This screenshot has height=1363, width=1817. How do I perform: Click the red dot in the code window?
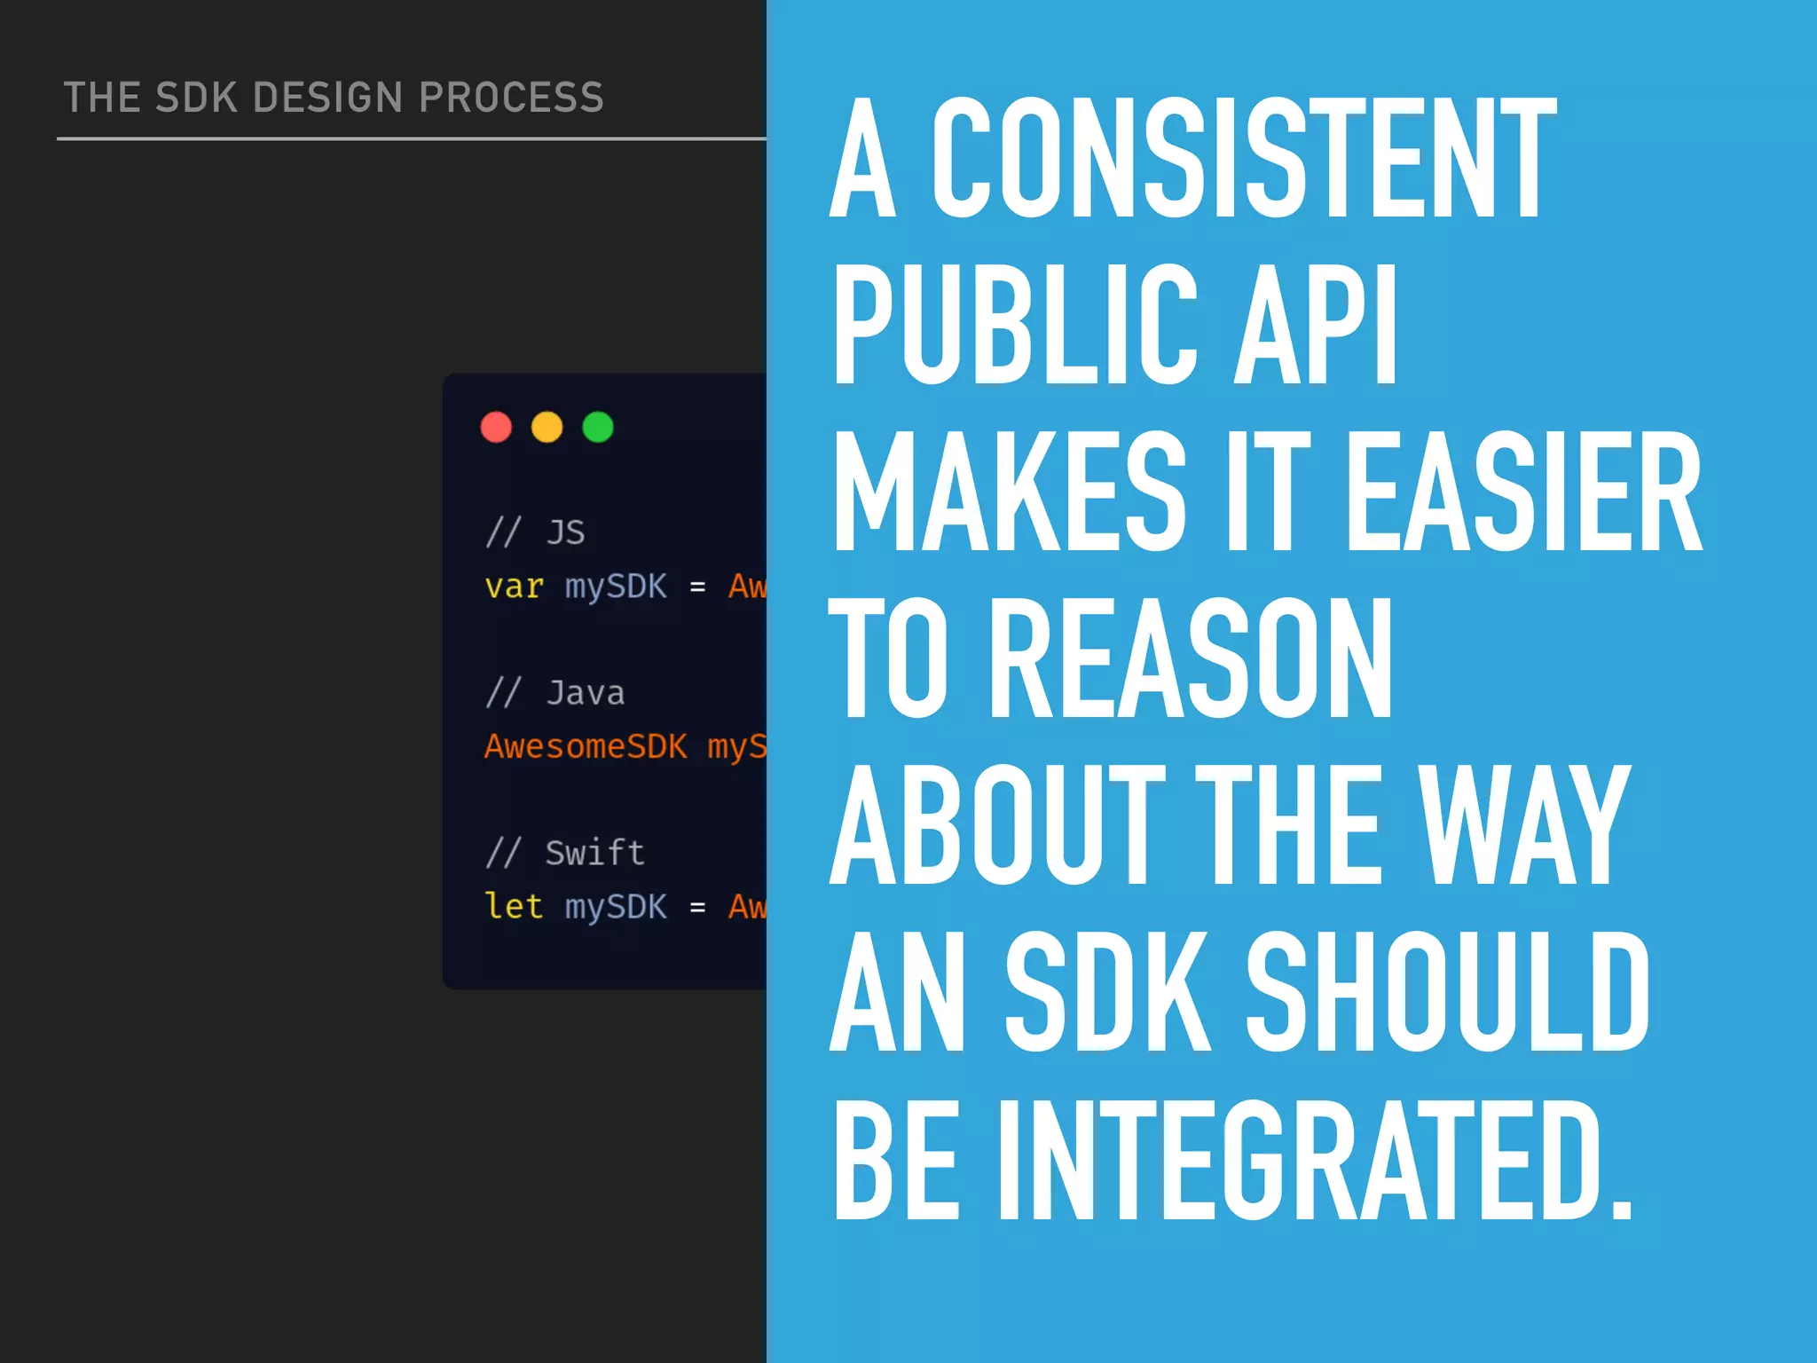point(496,427)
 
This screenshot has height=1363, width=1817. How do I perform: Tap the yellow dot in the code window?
point(547,427)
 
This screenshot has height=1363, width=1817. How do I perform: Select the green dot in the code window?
point(598,427)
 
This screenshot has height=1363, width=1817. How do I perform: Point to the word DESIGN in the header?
point(328,98)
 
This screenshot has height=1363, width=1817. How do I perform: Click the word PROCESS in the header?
point(511,98)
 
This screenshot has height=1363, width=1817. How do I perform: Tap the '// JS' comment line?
point(535,532)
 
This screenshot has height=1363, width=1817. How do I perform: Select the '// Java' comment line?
point(555,693)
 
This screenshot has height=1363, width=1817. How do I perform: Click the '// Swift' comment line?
point(564,853)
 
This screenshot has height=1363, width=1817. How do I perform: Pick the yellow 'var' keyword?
point(514,587)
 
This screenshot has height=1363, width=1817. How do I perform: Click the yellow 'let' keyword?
point(514,906)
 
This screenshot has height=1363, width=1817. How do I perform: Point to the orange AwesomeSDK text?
point(586,746)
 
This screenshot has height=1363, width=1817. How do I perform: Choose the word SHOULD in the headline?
point(1447,990)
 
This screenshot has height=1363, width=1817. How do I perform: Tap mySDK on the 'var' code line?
point(616,587)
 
